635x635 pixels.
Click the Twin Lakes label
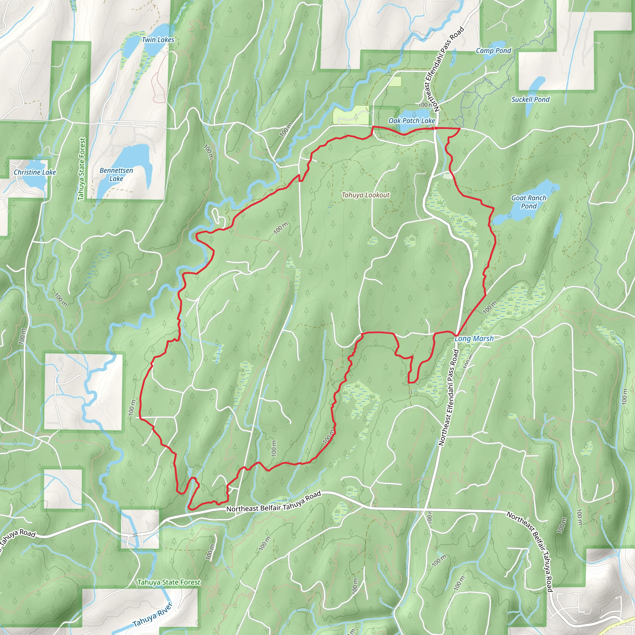coord(158,40)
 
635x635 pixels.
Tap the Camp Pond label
coord(493,51)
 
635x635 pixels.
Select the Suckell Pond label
coord(531,99)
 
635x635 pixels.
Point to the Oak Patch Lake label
coord(411,121)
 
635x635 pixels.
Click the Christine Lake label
coord(35,172)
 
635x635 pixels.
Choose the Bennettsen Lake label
coord(116,175)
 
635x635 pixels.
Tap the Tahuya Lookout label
coord(366,195)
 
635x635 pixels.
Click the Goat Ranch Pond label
coord(529,202)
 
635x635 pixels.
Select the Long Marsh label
coord(474,339)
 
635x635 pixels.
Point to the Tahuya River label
coord(152,614)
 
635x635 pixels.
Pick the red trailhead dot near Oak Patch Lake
coord(435,128)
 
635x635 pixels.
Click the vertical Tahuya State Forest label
coord(82,169)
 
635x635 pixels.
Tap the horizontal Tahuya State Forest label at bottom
coord(169,582)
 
